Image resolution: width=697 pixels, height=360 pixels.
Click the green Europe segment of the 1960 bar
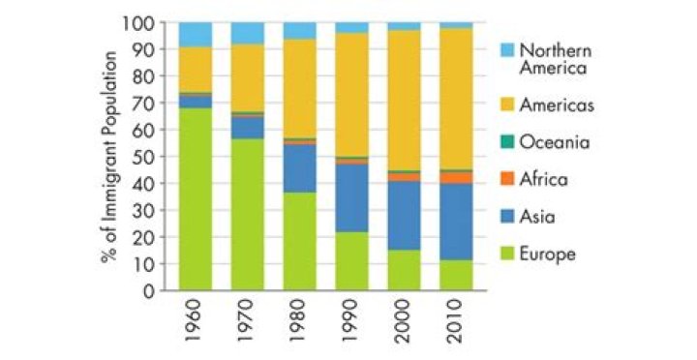(196, 199)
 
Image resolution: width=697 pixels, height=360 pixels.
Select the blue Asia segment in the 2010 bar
(457, 222)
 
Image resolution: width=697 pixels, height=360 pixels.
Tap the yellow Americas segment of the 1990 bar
(352, 95)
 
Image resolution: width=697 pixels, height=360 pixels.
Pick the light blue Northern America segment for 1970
(248, 33)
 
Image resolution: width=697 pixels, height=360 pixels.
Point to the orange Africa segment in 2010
(457, 178)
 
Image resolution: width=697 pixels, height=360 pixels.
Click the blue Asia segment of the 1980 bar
(300, 168)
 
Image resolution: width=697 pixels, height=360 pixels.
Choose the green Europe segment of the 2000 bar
(404, 270)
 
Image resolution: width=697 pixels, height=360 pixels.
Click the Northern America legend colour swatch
(507, 49)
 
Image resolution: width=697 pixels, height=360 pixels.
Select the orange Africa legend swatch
(507, 179)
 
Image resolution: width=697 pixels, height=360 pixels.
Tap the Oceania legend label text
(555, 142)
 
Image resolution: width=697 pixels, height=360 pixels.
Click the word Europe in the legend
(548, 255)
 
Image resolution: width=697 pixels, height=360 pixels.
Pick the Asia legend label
(537, 217)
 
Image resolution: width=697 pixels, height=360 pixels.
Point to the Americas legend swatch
(507, 105)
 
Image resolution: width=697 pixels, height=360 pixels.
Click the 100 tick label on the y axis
(136, 22)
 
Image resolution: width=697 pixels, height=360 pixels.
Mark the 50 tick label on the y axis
(142, 157)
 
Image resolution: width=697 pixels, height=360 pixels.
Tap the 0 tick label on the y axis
(148, 290)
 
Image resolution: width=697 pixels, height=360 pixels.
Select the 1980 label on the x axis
(300, 321)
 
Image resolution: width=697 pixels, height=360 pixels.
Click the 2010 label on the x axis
(457, 321)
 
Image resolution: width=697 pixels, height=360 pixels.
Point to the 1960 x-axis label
(196, 321)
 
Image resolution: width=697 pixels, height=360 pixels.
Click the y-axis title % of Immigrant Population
(109, 157)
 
